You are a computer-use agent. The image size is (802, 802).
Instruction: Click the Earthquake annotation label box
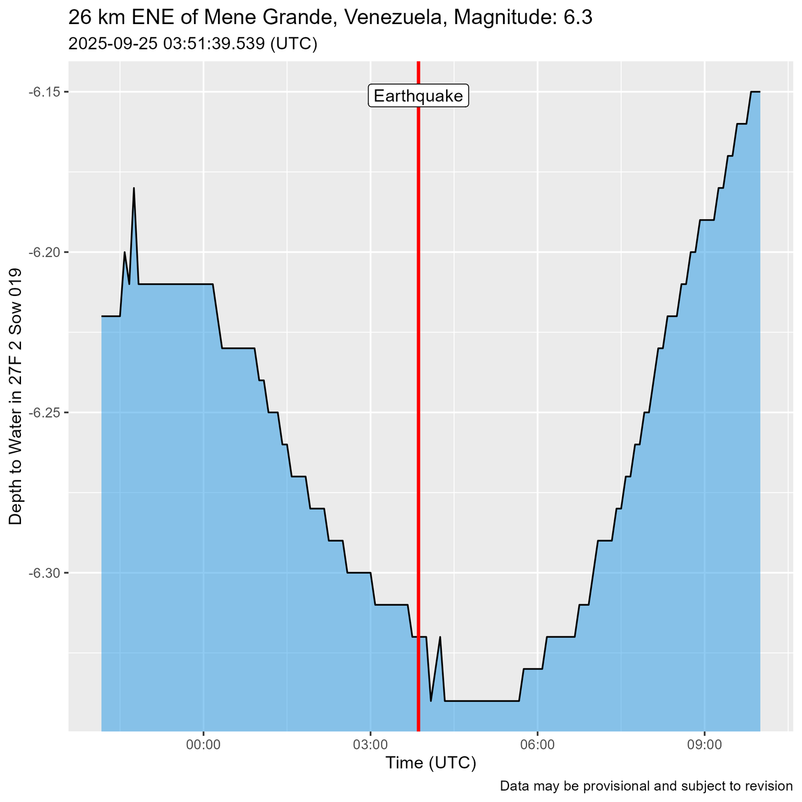click(418, 96)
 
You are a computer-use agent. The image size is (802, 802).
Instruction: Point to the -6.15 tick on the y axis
click(47, 92)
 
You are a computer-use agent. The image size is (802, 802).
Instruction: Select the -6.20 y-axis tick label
click(47, 252)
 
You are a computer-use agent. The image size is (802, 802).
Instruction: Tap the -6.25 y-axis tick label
click(47, 412)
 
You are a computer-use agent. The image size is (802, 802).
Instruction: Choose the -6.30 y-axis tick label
click(47, 573)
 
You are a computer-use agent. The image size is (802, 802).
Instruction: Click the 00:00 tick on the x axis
click(204, 745)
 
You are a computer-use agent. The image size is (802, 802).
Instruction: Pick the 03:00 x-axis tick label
click(370, 745)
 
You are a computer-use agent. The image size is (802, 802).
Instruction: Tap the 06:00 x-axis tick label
click(537, 745)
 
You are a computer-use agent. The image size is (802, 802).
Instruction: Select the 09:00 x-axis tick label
click(704, 745)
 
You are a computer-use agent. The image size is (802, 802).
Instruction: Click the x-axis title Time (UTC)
click(430, 763)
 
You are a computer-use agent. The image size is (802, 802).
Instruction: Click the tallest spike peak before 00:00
click(134, 188)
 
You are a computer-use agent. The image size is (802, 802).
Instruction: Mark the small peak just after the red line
click(440, 637)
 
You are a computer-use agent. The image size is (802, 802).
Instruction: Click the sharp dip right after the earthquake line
click(431, 701)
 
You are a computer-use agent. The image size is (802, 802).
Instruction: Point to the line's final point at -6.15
click(759, 92)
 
